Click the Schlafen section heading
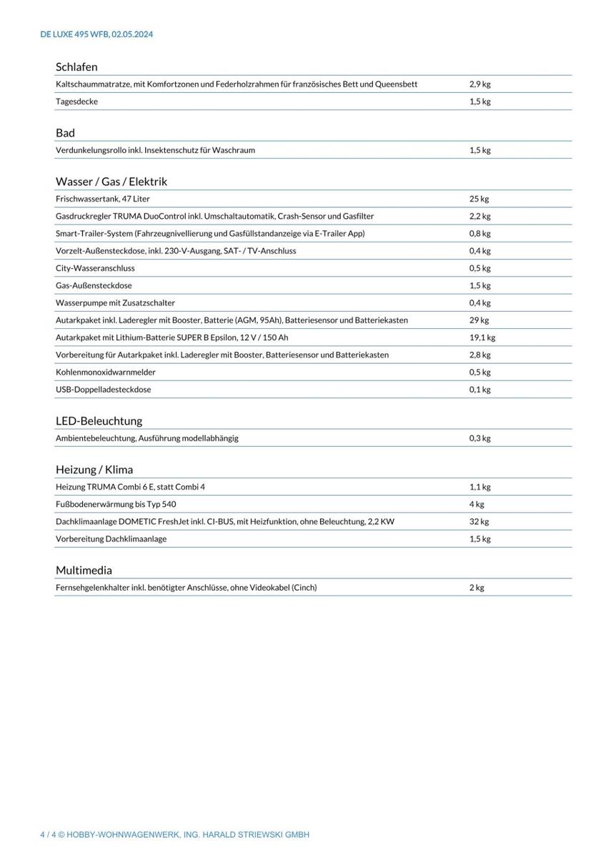[x=76, y=67]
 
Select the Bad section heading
[x=65, y=133]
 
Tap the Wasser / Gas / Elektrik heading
[x=111, y=182]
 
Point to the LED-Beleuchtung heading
[x=99, y=421]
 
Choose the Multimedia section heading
[x=84, y=571]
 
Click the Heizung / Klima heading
[x=94, y=470]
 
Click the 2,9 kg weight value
[x=480, y=84]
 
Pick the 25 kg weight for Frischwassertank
[x=479, y=199]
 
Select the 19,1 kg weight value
[x=482, y=337]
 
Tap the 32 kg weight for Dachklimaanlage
[x=479, y=521]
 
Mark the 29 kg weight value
[x=479, y=320]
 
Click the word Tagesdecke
[x=76, y=102]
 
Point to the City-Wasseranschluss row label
[x=95, y=268]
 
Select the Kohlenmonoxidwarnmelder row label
[x=105, y=373]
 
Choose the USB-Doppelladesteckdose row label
[x=103, y=390]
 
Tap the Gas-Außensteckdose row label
[x=94, y=285]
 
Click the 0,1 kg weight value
[x=480, y=390]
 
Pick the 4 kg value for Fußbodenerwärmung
[x=477, y=504]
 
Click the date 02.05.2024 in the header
[x=132, y=34]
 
